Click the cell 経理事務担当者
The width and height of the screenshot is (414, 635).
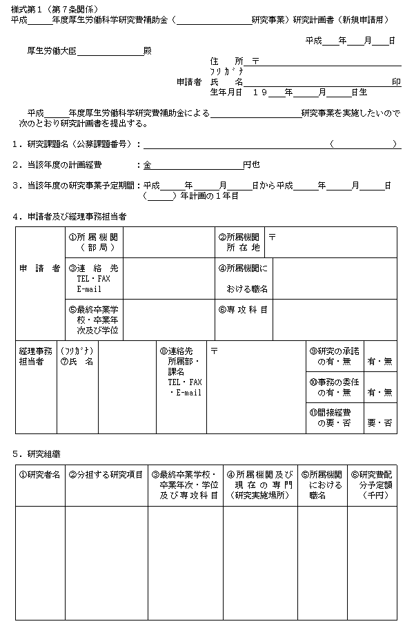click(35, 356)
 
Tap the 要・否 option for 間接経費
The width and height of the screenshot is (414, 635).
click(380, 422)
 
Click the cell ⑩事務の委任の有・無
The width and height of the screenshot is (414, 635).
click(335, 387)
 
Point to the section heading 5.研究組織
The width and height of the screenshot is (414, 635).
click(40, 454)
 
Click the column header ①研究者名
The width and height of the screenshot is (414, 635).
click(39, 475)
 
